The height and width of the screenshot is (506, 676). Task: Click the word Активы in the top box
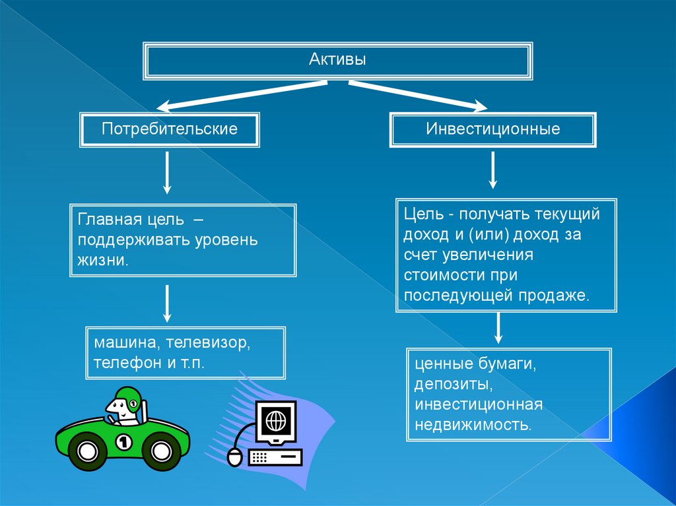tap(338, 60)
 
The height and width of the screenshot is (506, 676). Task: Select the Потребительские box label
tap(170, 128)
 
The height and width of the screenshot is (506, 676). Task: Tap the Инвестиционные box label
tap(492, 128)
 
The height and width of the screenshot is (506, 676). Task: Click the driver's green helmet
tap(128, 397)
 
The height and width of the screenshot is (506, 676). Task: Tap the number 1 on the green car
tap(123, 441)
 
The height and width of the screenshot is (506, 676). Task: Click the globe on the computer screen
tap(273, 420)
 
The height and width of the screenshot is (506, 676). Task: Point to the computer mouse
tap(234, 457)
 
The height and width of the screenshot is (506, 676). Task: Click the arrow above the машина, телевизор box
tap(167, 303)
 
